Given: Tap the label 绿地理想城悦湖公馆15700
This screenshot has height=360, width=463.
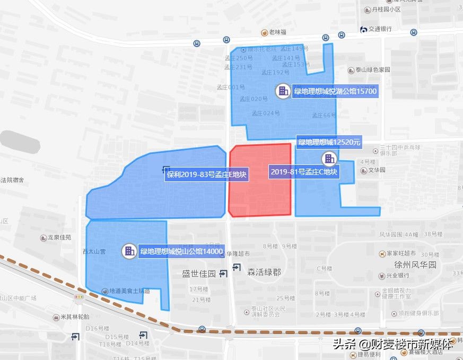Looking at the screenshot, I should pos(335,91).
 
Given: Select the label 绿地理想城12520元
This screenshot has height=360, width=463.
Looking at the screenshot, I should pos(329,142).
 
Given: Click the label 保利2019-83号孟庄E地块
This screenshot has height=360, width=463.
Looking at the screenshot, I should pos(207,174).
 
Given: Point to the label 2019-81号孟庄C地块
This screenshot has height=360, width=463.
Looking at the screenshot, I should pos(304,172).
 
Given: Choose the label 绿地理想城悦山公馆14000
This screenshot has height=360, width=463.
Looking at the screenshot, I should pos(181,251).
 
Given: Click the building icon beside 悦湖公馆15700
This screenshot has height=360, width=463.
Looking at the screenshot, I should pos(283,91).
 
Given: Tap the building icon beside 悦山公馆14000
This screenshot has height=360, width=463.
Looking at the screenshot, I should pos(128,251).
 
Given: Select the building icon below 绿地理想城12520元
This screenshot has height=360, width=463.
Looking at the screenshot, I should pos(329,158).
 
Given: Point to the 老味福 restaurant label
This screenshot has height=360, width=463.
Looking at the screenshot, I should pos(277,33).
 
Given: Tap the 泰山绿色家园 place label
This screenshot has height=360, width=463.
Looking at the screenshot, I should pos(372,70).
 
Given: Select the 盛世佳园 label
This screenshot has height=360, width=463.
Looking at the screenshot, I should pos(199,274).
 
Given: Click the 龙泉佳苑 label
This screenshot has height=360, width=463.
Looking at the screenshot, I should pos(59,238).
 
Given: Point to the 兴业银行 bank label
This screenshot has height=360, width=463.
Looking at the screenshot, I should pos(397,276).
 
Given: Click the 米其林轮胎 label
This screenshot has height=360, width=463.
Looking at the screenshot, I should pos(74,317).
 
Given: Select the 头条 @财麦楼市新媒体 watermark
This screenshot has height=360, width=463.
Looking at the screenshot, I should pos(393,344).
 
